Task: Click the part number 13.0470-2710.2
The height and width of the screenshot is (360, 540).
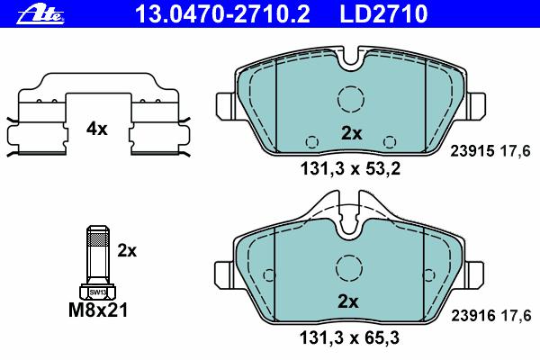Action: pos(222,13)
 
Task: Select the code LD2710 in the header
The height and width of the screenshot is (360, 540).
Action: pos(383,13)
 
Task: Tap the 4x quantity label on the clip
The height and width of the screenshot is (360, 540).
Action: pos(97,130)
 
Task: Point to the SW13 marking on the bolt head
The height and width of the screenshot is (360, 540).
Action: pos(98,292)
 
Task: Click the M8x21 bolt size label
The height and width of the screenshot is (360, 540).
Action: pos(98,310)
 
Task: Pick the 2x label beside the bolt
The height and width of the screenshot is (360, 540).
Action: pos(127,251)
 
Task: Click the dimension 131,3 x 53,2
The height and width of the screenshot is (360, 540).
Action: pos(351,169)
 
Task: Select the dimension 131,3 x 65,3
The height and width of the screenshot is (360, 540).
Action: pos(350,337)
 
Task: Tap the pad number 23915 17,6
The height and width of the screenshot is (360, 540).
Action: pos(490,151)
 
